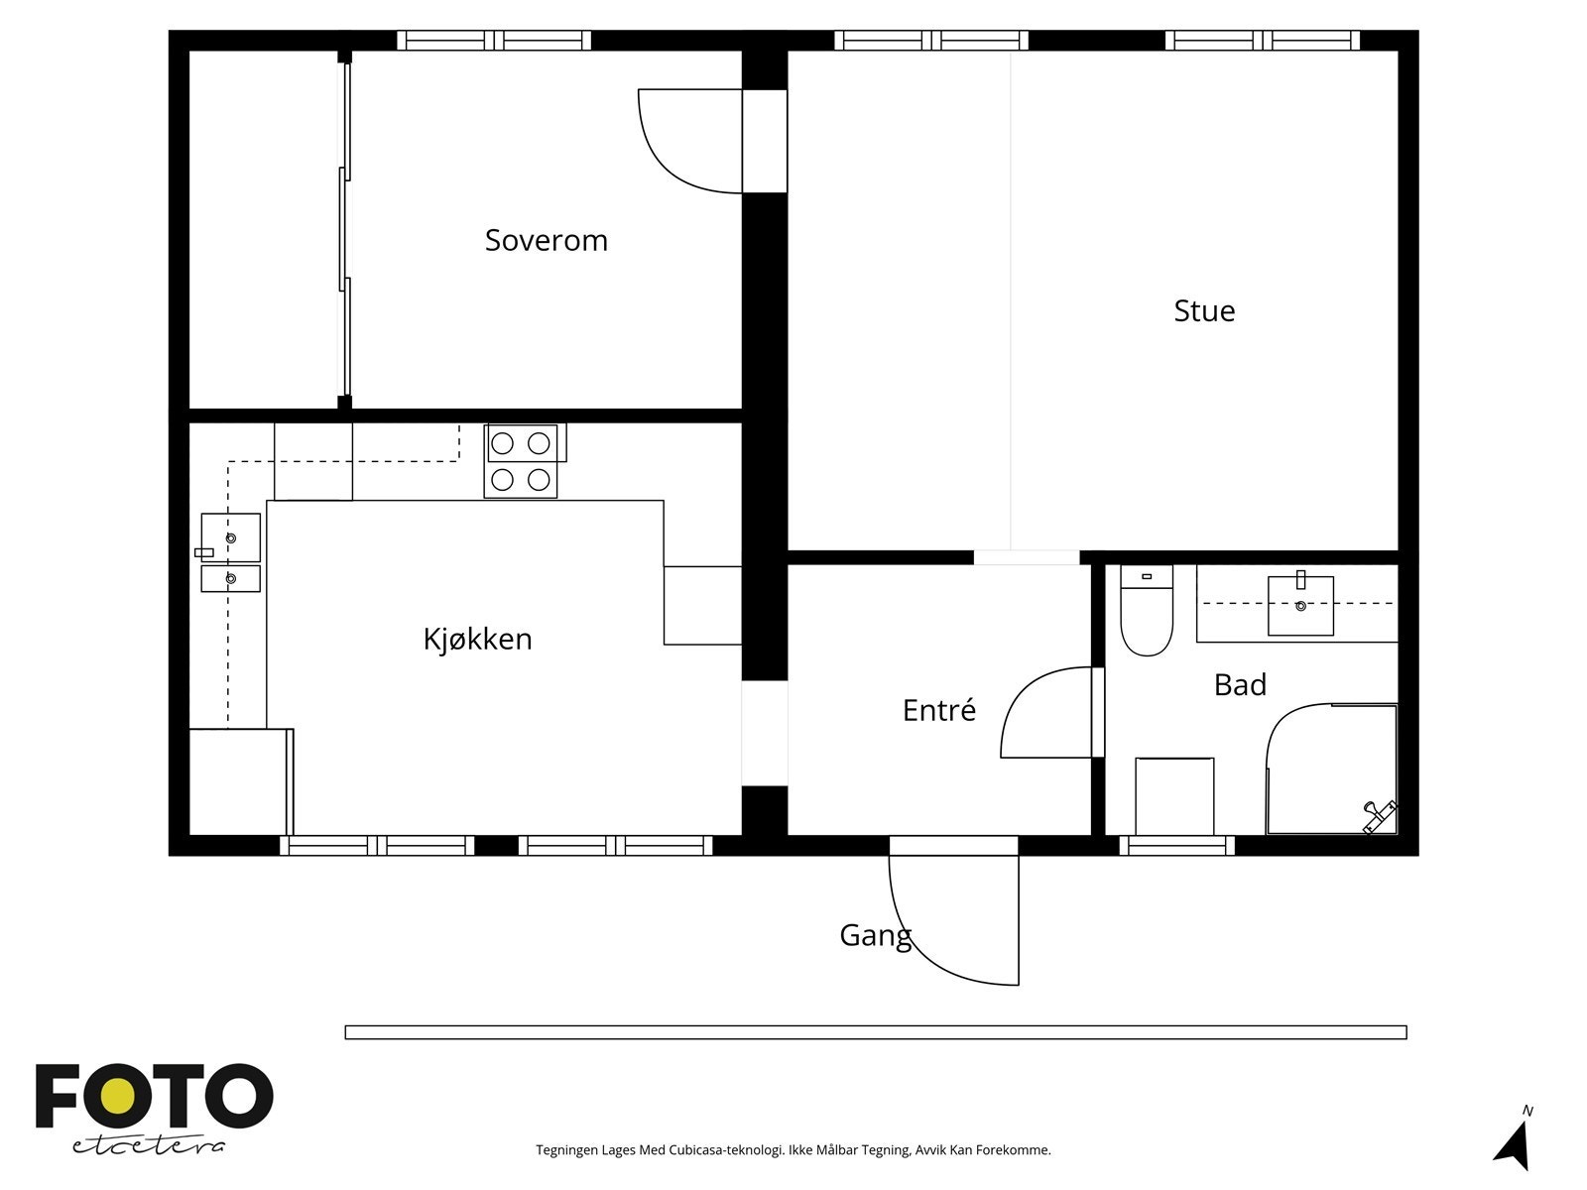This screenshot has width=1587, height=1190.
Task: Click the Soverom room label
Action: [546, 241]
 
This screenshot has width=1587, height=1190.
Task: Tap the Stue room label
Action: [1204, 310]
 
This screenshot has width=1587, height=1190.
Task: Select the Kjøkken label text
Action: [477, 640]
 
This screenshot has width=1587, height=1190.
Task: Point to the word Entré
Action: [938, 709]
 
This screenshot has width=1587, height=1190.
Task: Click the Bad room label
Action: [1240, 685]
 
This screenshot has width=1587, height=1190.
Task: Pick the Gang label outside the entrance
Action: [875, 936]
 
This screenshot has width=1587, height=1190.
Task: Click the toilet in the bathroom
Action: [1146, 610]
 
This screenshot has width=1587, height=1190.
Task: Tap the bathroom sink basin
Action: [1300, 606]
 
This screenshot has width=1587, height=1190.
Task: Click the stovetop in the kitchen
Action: [522, 461]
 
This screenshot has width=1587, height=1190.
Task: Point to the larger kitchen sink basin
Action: [231, 537]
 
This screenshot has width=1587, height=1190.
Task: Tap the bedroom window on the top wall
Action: [494, 41]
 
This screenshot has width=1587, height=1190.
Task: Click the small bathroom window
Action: [1177, 845]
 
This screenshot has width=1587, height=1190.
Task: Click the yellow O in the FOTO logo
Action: [119, 1096]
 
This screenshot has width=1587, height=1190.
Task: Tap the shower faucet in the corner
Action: [1379, 816]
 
